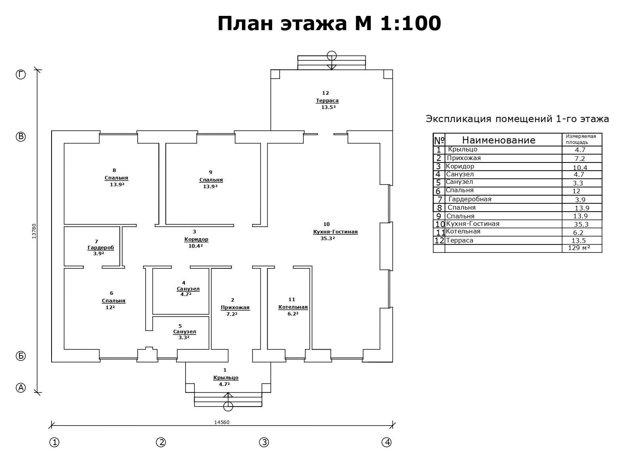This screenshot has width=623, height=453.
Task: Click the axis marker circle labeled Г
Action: [21, 75]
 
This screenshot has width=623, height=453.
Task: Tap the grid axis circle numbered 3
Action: [264, 442]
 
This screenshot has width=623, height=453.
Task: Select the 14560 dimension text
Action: [222, 422]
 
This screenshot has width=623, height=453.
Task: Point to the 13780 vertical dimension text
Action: [34, 231]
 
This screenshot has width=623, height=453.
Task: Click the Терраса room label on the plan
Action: [327, 101]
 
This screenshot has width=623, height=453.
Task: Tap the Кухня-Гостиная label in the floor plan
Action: [335, 232]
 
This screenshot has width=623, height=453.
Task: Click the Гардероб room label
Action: [101, 248]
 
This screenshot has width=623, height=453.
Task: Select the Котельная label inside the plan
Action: [293, 307]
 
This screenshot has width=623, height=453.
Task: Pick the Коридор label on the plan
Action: [196, 239]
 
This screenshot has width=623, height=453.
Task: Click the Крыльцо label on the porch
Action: [226, 378]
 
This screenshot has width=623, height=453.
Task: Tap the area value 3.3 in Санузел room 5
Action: [184, 338]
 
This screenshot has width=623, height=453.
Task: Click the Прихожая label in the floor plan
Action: [235, 308]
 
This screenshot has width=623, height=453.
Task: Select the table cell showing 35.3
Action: [581, 224]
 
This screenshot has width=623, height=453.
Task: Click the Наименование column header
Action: [499, 140]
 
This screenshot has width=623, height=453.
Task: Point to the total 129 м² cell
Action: [579, 248]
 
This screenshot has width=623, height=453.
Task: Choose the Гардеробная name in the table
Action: [470, 199]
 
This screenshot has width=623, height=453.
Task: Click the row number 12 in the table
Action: [439, 241]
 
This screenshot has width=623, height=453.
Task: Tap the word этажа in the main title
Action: [314, 23]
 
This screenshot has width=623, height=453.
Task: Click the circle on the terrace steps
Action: [332, 56]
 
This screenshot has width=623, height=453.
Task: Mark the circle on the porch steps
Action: [228, 406]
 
